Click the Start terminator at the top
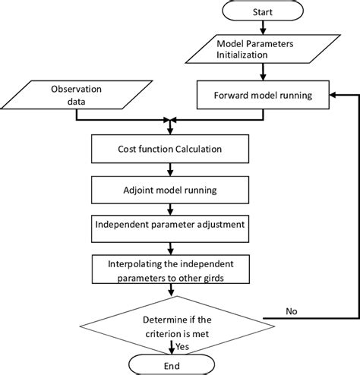(x=262, y=13)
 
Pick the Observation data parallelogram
(x=74, y=95)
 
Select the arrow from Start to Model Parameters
(x=262, y=29)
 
